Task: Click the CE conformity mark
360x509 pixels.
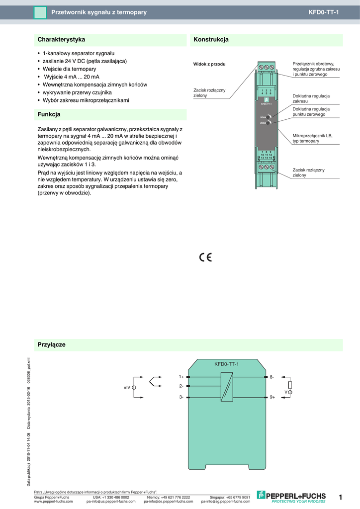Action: (x=205, y=257)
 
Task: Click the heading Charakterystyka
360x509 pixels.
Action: (x=61, y=39)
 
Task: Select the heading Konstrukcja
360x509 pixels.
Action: (x=211, y=39)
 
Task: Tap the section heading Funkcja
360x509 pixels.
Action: (x=49, y=114)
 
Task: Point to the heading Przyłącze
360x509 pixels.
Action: (x=52, y=344)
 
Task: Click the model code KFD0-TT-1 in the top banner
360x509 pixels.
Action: (x=323, y=12)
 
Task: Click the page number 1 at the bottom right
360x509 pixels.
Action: (x=341, y=497)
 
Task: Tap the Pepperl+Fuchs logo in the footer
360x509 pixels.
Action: (x=291, y=496)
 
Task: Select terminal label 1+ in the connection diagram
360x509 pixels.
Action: (x=181, y=377)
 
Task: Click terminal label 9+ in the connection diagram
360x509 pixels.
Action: (x=272, y=397)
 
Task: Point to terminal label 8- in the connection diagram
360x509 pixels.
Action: (x=272, y=377)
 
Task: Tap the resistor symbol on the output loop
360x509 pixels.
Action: (x=290, y=384)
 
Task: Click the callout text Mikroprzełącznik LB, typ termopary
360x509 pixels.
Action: (x=312, y=138)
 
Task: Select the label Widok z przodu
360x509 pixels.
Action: (x=209, y=64)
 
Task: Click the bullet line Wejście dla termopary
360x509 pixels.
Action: (x=69, y=69)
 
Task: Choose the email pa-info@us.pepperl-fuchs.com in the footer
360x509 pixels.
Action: (x=111, y=502)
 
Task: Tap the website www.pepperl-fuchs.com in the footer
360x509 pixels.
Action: (x=53, y=502)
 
